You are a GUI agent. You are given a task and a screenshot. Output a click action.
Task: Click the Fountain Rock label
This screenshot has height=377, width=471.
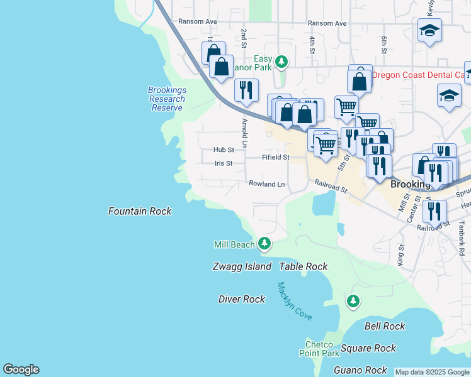pos(139,211)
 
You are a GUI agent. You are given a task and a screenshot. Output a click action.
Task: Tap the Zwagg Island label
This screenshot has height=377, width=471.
pos(242,266)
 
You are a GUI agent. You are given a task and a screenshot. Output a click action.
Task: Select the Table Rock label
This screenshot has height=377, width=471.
pos(304,266)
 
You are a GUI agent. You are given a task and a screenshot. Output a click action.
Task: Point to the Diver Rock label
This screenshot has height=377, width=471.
pos(242,299)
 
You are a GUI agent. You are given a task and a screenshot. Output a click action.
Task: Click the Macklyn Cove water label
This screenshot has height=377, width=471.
pos(295,302)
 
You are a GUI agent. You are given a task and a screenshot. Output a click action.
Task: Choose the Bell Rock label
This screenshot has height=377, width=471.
pos(385,326)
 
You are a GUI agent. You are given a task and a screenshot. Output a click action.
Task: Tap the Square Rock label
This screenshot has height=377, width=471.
pos(368,348)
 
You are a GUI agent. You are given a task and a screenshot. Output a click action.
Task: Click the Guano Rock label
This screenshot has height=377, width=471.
pos(360,370)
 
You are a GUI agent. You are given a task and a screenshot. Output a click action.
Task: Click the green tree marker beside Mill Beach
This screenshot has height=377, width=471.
pos(265,243)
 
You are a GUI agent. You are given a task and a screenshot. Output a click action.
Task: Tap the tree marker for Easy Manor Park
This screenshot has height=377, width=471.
pos(282,62)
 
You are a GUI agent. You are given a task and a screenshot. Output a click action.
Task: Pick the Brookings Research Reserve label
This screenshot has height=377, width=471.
pos(167,99)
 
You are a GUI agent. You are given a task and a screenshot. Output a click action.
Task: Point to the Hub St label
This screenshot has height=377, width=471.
pos(224,150)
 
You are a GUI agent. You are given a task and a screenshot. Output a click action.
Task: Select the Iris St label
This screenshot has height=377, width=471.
pos(224,163)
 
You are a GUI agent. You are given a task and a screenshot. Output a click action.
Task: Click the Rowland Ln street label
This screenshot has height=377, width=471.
pos(266,184)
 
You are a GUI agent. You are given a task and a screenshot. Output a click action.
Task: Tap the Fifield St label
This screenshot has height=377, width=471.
pos(276,157)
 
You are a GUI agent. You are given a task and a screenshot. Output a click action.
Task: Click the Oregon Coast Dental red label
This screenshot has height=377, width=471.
pos(419,75)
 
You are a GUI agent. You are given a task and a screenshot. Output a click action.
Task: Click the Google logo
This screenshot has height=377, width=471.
pos(21,369)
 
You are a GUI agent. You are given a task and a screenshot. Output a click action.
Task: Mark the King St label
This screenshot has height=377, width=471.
pos(400,255)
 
